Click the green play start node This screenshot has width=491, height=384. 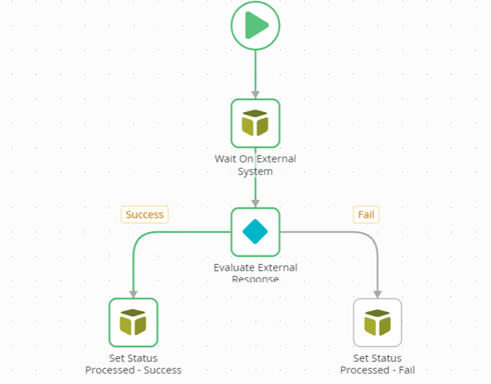255,26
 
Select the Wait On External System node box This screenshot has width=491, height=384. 255,123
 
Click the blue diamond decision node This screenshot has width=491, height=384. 255,232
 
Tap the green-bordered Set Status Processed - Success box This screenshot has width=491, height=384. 133,323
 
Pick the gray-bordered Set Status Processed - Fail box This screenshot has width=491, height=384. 378,323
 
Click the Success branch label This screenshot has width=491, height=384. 144,215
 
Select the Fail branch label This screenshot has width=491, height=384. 366,215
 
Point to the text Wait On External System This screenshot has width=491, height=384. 255,165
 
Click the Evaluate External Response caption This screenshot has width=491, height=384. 255,273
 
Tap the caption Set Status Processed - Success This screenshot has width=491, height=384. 133,364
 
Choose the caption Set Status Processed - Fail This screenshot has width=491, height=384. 378,364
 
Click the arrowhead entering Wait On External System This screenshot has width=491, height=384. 255,94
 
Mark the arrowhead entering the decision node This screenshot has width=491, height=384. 255,203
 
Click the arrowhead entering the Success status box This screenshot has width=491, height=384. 133,293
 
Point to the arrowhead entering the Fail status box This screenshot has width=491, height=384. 378,293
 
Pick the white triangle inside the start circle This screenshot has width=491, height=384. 257,26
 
